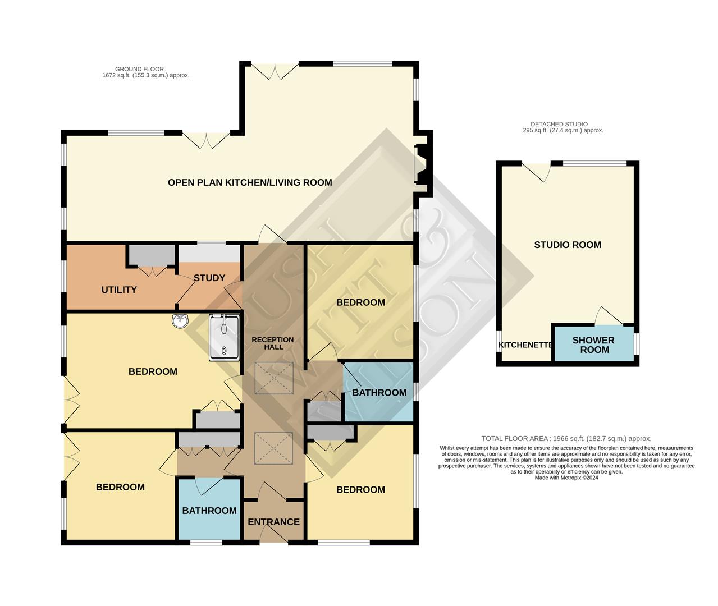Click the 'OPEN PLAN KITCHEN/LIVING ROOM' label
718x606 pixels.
click(x=250, y=182)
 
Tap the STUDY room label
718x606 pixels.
click(x=209, y=278)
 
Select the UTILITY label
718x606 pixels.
click(x=119, y=290)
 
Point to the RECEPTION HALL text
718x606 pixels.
click(x=273, y=343)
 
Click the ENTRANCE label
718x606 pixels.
click(x=274, y=522)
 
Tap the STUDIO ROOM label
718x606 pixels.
click(x=568, y=245)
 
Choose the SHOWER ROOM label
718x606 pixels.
click(x=593, y=345)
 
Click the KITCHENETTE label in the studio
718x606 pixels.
click(x=525, y=345)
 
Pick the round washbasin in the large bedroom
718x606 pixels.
click(x=180, y=321)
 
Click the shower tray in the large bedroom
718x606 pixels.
click(x=224, y=338)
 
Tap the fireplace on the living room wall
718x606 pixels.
click(x=420, y=164)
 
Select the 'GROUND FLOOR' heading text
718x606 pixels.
click(x=139, y=69)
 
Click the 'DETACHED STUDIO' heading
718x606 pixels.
click(x=559, y=124)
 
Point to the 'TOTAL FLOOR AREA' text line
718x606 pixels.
click(x=566, y=439)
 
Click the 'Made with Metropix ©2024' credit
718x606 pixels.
click(x=566, y=478)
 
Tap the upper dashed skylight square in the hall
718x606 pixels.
click(x=274, y=378)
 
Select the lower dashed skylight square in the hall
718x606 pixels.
click(x=274, y=448)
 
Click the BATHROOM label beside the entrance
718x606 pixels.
click(x=209, y=511)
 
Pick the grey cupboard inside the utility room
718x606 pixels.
click(x=152, y=255)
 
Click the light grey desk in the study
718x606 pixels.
click(x=209, y=254)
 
